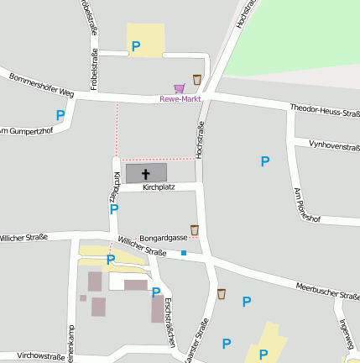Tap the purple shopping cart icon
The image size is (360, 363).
(x=179, y=87)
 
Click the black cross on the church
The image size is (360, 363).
(x=146, y=173)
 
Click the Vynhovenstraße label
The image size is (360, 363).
(x=334, y=146)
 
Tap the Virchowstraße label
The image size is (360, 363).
(x=40, y=356)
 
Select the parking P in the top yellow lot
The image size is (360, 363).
(x=136, y=47)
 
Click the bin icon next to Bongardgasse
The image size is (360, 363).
(x=195, y=229)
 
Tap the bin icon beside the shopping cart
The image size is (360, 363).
(x=197, y=80)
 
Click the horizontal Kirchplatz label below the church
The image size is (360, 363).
(x=159, y=187)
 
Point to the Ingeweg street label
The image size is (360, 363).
(x=346, y=334)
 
